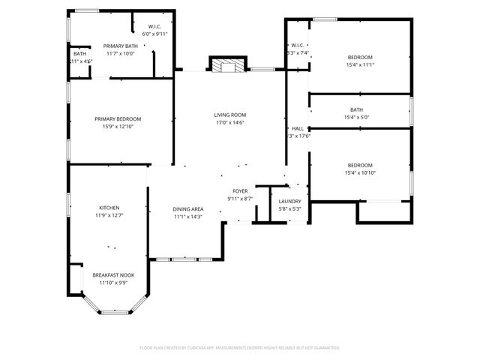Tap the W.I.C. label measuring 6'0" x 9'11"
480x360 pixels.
coord(155,26)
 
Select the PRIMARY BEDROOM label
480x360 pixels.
coord(118,118)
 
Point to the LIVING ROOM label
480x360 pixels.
coord(230,115)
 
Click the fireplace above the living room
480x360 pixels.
coord(227,66)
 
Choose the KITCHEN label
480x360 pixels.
coord(109,208)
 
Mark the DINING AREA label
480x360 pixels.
coord(188,209)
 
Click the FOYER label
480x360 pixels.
coord(240,191)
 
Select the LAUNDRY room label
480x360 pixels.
coord(289,202)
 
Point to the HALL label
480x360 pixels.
coord(298,128)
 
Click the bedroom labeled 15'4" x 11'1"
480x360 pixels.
coord(360,58)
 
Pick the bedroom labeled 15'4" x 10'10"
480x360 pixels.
coord(360,165)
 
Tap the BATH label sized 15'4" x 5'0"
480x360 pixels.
coord(356,109)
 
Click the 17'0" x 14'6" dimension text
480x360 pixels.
coord(230,123)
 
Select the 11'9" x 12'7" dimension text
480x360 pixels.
coord(109,216)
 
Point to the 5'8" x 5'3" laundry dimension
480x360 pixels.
coord(289,209)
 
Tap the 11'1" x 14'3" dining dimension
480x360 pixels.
coord(188,217)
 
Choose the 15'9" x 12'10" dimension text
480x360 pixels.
coord(118,127)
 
